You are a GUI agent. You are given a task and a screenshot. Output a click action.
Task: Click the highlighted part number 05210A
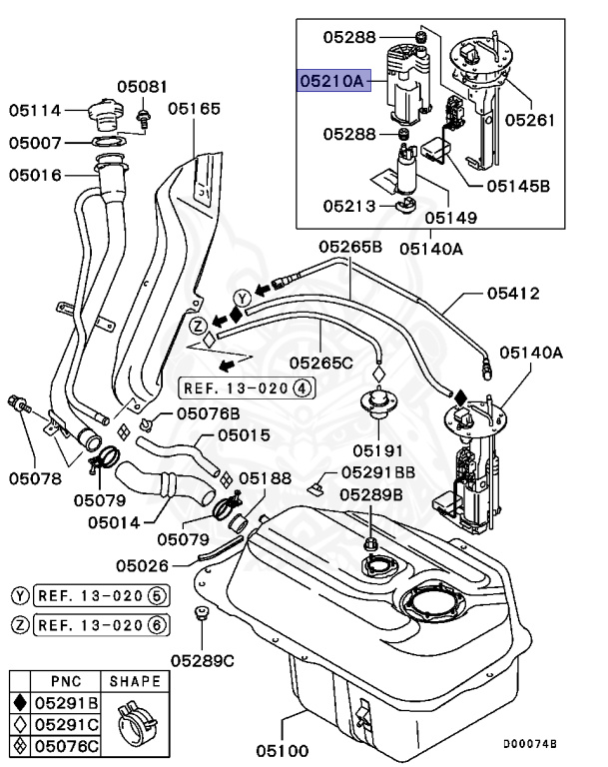click(x=333, y=81)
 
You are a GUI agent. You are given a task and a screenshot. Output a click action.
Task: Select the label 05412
click(x=513, y=294)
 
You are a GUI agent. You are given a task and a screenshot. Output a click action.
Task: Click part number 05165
click(x=194, y=108)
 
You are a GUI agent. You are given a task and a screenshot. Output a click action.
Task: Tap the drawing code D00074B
click(x=529, y=743)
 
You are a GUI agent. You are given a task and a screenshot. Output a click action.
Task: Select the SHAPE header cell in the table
click(x=135, y=681)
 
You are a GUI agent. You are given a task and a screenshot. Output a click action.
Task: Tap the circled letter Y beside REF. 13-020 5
click(x=20, y=595)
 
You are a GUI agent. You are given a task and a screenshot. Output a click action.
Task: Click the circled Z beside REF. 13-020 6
click(x=20, y=625)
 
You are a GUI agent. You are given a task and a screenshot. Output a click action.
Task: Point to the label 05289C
click(x=202, y=659)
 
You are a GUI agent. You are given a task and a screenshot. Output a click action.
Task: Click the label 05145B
click(x=518, y=185)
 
